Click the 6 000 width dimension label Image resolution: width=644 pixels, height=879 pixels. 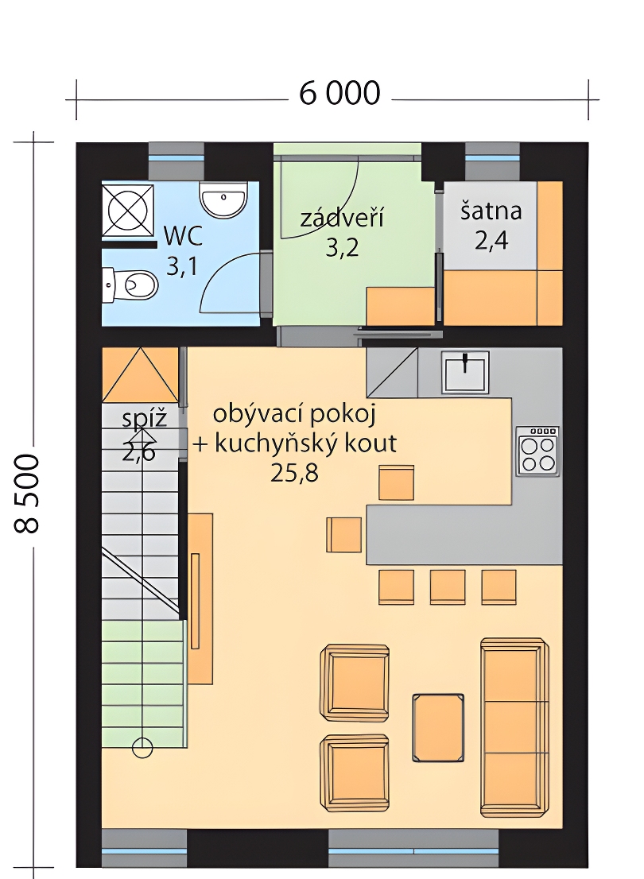pos(339,93)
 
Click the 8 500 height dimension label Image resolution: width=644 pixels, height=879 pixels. pos(26,494)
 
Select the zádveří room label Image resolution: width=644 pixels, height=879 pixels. pos(342,218)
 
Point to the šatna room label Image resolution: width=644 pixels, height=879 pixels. pos(491,211)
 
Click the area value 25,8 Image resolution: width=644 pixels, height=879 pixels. pos(294,474)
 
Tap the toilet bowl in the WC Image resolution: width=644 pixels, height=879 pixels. pos(130,285)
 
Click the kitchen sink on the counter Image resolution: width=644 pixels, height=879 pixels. pos(465,371)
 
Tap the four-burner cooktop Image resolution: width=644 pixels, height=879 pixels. pos(537,452)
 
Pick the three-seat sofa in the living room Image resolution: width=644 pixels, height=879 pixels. pos(514,726)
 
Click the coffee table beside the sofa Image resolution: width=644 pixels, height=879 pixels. pos(438,728)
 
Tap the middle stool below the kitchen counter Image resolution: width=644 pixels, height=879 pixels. pos(447,587)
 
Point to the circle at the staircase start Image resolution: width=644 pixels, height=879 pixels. pos(142,747)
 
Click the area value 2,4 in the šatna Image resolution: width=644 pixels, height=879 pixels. pos(491,241)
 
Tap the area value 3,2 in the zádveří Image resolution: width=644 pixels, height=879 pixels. pos(342,247)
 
